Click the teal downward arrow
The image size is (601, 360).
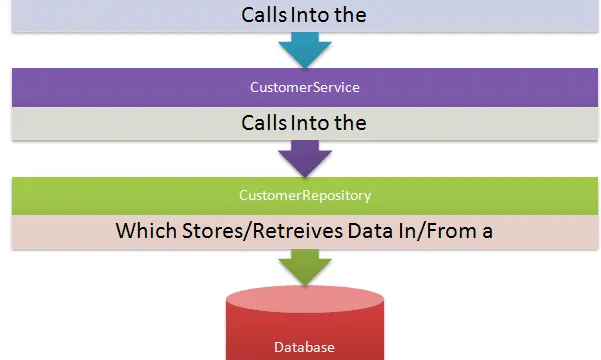[x=305, y=50]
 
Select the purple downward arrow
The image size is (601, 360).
[x=305, y=158]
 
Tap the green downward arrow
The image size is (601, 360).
[x=305, y=267]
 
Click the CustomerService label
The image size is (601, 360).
[x=305, y=87]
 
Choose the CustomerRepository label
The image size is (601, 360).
[x=305, y=196]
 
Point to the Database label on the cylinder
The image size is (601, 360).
[x=304, y=347]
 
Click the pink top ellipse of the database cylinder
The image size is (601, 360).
[x=305, y=299]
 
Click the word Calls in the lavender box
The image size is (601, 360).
[x=264, y=15]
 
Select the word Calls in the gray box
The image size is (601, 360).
[x=264, y=123]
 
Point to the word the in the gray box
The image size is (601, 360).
[x=350, y=123]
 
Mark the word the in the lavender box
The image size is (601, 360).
[x=350, y=15]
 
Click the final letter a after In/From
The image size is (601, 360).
[x=487, y=233]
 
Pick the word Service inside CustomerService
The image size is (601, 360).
[x=337, y=87]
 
